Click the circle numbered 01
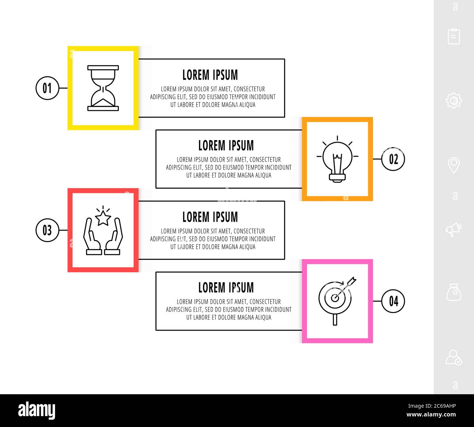click(x=47, y=88)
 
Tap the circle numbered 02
click(x=393, y=159)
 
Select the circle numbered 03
click(x=47, y=230)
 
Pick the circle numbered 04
click(x=393, y=301)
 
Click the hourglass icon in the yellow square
click(x=103, y=88)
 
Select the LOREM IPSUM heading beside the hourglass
click(x=210, y=75)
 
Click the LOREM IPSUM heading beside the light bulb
click(x=226, y=146)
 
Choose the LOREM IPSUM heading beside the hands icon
click(x=210, y=217)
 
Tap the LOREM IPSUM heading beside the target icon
click(x=226, y=288)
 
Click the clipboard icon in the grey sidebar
click(x=454, y=36)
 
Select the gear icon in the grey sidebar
click(x=454, y=100)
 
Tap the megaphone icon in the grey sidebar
click(x=454, y=229)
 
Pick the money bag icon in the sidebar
click(x=454, y=292)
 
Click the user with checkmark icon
click(x=454, y=357)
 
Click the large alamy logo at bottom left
click(x=37, y=411)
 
